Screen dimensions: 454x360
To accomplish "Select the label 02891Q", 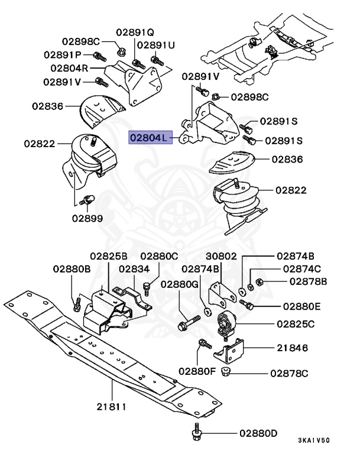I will (x=134, y=32).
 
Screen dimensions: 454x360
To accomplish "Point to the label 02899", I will (x=87, y=218).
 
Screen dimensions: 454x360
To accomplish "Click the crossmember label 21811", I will (x=115, y=407).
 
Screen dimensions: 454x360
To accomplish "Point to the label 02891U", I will (x=156, y=44).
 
